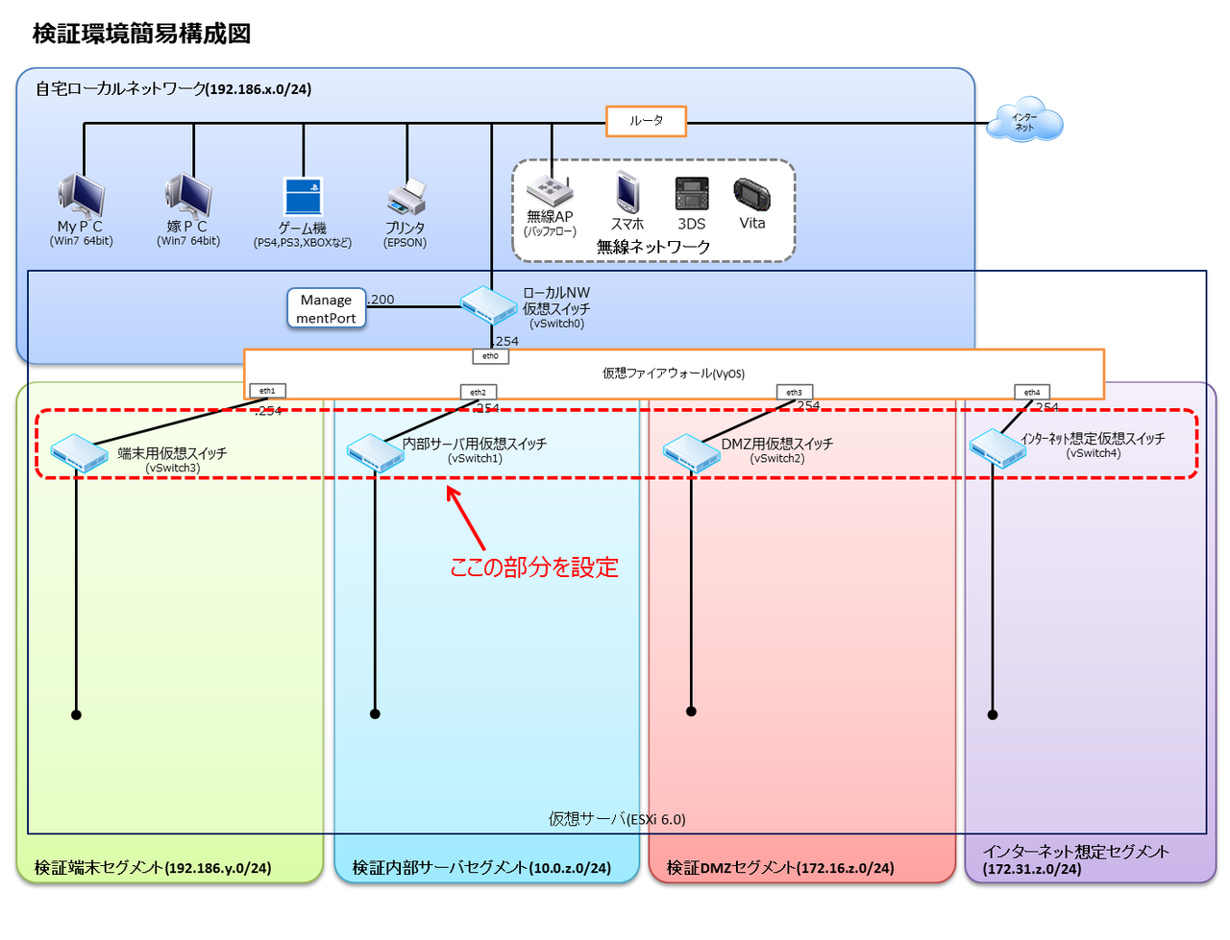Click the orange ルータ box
pos(646,121)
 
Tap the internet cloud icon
pos(1027,120)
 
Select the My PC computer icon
pos(82,195)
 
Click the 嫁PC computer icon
pos(188,195)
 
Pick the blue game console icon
pos(303,196)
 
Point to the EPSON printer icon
pos(406,198)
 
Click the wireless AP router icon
pos(550,191)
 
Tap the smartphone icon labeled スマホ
pos(627,192)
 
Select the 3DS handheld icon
pos(692,194)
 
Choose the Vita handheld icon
pos(752,194)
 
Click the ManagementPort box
pos(327,308)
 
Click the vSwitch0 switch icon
pos(488,306)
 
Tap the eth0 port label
pos(490,356)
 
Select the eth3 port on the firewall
pos(794,392)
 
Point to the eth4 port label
pos(1032,392)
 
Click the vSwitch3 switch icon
pos(79,453)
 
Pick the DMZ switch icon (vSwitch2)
pos(692,452)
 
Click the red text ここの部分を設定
pos(534,567)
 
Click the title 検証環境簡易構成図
pos(142,34)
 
